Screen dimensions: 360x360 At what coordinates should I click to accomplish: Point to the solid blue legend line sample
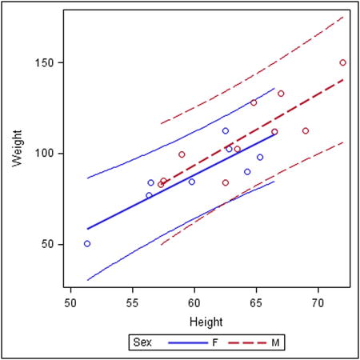pos(185,342)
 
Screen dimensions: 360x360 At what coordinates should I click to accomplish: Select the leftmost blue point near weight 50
pos(87,243)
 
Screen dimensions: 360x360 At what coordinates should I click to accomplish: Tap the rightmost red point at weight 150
pos(342,62)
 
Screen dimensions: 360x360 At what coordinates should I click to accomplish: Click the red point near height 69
pos(306,130)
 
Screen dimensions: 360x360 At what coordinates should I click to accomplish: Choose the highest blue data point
pos(226,130)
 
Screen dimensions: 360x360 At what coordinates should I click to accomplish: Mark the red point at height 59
pos(182,154)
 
